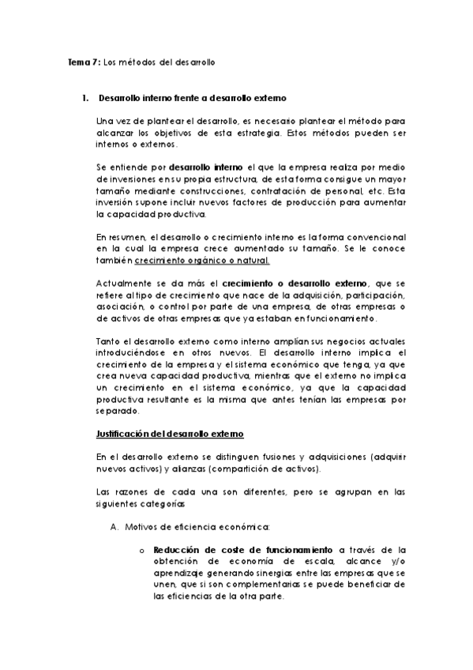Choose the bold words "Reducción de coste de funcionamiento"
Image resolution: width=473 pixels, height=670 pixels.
(x=243, y=550)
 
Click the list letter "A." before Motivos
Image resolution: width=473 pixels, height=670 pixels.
(x=114, y=526)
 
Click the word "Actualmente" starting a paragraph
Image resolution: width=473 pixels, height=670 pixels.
(x=121, y=284)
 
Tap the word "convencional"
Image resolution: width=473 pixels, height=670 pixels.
(x=372, y=237)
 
